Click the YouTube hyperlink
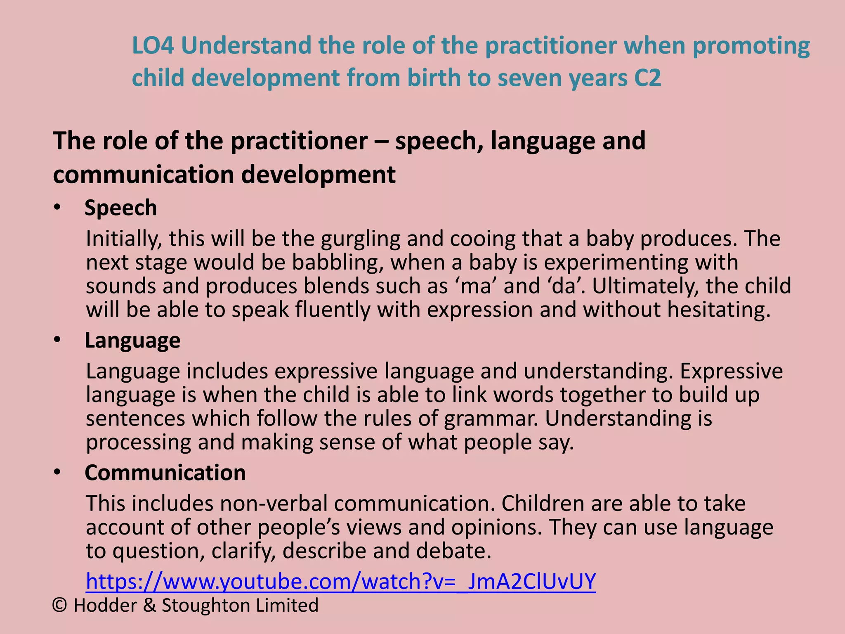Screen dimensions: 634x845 click(341, 581)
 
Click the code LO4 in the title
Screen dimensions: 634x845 click(153, 45)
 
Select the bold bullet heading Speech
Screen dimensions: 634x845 click(120, 208)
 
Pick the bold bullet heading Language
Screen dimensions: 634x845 click(132, 341)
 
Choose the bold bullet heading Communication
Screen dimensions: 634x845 click(165, 473)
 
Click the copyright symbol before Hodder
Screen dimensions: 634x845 click(60, 606)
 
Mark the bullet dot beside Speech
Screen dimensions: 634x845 click(57, 207)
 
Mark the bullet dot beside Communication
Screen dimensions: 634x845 click(57, 472)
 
